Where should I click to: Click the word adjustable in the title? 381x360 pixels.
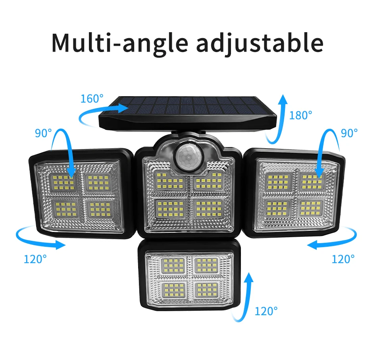click(260, 44)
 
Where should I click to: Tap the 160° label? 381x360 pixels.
click(92, 99)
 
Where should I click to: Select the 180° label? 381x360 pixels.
click(300, 115)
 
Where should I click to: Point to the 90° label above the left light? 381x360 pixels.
click(43, 133)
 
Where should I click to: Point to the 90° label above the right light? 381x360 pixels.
click(349, 133)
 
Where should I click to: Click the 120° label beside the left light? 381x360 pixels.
click(35, 259)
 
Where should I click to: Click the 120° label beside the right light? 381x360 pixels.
click(343, 259)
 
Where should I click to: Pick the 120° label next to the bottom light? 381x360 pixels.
click(266, 311)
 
